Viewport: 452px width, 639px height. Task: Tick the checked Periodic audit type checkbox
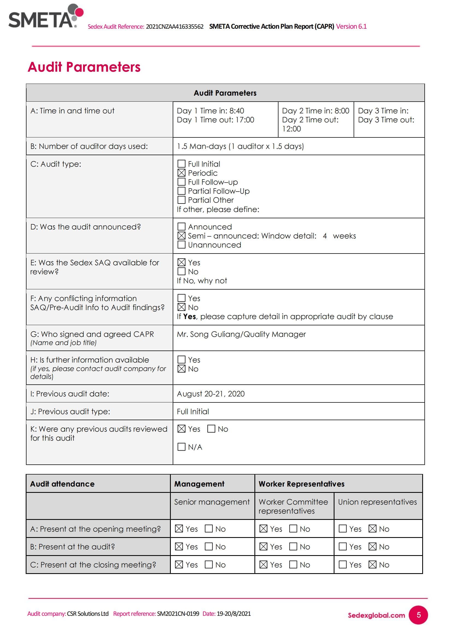coord(181,173)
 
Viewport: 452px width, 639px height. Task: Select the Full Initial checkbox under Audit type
coord(181,164)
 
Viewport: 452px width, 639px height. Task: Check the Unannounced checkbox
coord(181,245)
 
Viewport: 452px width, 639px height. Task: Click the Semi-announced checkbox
coord(181,236)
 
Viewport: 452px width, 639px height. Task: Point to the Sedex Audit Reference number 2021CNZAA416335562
coord(175,27)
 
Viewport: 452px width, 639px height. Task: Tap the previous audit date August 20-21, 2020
coord(211,394)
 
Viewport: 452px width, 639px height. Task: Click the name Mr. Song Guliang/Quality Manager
coord(241,334)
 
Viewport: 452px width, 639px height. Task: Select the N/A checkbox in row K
coord(181,447)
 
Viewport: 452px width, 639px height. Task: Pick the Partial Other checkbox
coord(181,200)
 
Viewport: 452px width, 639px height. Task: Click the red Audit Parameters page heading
coord(84,67)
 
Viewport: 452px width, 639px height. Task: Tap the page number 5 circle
coord(418,615)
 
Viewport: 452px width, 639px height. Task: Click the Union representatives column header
coord(377,502)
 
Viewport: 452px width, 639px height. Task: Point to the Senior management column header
coord(212,502)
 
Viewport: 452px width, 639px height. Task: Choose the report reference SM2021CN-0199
coord(178,614)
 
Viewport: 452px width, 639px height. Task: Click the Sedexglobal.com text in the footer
coord(376,615)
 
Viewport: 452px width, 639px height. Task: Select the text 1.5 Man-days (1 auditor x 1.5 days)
coord(240,146)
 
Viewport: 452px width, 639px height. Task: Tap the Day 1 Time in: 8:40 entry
coord(210,111)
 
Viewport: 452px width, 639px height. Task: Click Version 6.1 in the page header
coord(351,26)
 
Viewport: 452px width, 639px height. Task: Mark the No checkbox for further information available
coord(181,369)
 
